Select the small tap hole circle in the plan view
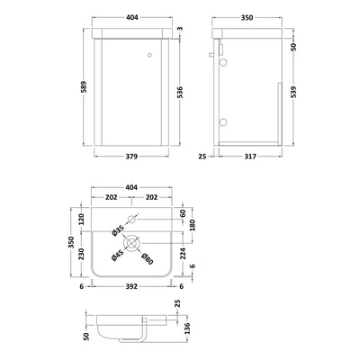pos(131,219)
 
